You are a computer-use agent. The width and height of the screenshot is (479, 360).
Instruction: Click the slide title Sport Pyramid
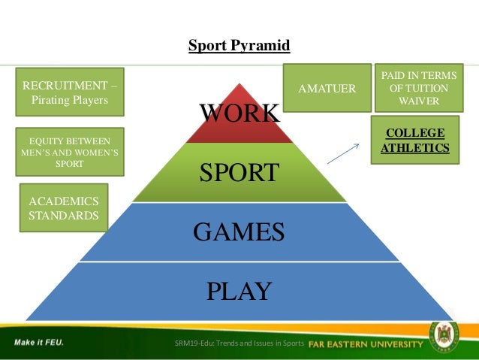239,46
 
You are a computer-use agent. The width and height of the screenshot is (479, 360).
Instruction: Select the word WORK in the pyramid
239,114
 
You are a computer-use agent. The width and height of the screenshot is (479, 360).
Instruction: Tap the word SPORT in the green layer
239,174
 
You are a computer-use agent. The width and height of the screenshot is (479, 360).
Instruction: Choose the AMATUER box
327,89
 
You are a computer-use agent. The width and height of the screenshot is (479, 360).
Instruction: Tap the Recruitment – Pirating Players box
70,92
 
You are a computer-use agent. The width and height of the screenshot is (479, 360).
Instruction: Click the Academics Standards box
63,207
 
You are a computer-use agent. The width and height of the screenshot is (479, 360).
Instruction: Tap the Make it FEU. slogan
38,343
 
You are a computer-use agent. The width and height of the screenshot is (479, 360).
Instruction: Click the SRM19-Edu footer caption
237,343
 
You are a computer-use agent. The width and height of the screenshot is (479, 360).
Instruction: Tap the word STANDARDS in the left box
63,216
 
